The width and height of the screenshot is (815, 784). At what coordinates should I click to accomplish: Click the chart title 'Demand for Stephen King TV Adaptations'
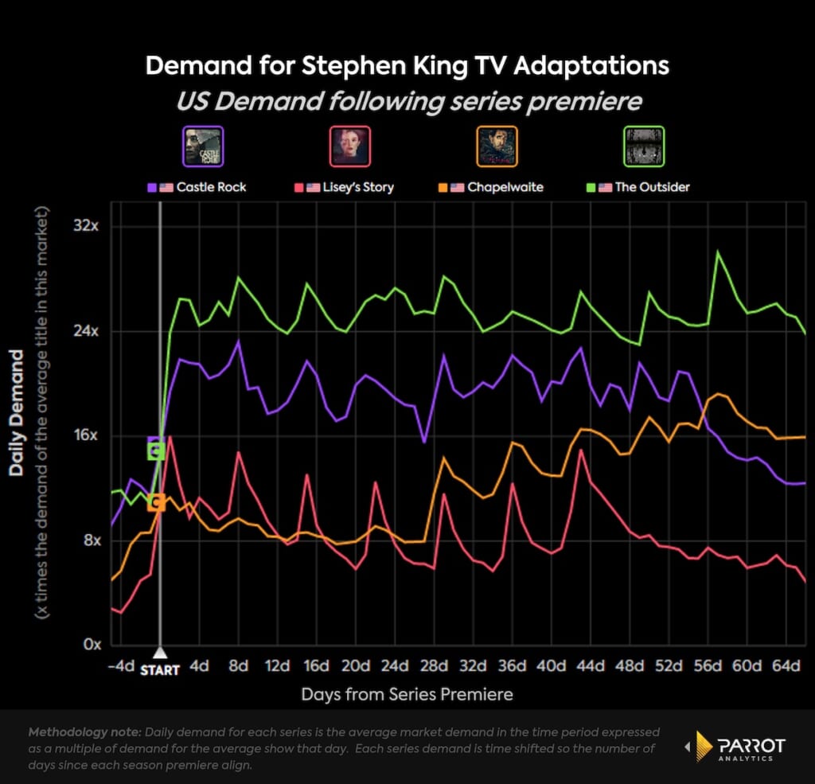[407, 66]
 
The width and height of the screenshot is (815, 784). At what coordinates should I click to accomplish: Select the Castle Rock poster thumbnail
[203, 146]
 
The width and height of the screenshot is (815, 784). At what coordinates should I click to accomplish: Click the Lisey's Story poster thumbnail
[349, 146]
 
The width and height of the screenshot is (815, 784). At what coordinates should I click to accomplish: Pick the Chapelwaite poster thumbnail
[497, 146]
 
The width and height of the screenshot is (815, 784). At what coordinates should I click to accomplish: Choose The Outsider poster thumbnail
[644, 146]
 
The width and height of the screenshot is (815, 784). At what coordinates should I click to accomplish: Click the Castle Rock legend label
[211, 187]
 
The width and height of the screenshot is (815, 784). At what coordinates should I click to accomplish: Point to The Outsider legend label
[653, 187]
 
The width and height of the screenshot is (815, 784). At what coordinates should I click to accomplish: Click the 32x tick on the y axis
[85, 227]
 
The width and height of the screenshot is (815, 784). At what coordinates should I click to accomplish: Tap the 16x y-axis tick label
[85, 436]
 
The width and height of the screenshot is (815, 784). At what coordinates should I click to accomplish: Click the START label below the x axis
[160, 670]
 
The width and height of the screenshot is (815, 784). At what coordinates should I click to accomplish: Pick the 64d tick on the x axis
[786, 665]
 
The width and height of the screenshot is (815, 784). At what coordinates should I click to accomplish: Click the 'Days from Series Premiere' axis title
[407, 694]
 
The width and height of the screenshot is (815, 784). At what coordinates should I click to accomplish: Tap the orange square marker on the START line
[156, 502]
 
